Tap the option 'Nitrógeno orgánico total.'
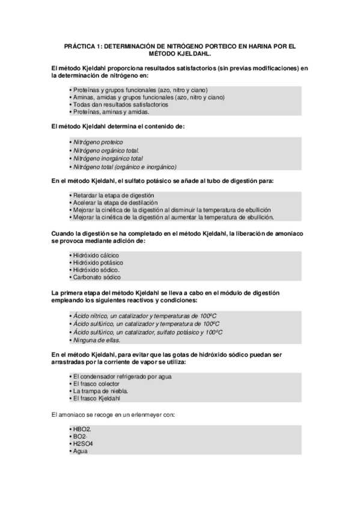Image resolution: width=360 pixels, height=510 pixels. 105,150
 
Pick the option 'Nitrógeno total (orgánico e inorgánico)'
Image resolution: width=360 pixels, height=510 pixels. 123,167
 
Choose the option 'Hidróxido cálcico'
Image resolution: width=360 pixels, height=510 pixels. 95,255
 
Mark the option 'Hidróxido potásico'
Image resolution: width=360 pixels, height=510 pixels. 97,263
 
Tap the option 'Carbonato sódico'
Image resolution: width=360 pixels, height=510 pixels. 95,278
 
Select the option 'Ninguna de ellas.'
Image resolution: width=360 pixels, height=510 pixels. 93,339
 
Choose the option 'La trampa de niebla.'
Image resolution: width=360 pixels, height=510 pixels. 99,392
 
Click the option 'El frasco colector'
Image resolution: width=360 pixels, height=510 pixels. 96,384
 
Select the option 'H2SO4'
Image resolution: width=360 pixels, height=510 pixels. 82,444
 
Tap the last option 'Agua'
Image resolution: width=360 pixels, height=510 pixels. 79,451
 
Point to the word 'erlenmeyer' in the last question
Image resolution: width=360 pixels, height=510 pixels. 145,414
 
